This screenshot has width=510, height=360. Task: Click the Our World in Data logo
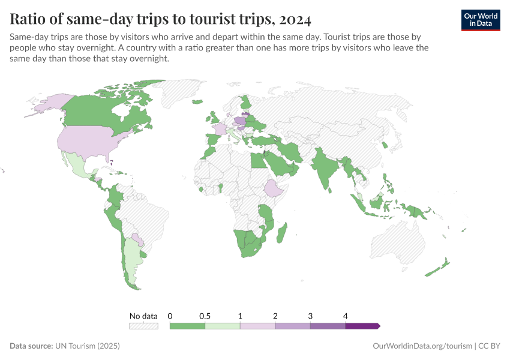point(480,19)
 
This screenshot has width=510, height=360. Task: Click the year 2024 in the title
point(295,19)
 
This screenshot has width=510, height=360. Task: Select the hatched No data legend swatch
point(143,326)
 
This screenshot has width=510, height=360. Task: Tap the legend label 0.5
point(205,316)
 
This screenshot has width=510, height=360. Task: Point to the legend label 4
point(346,316)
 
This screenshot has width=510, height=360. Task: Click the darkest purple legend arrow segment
point(362,326)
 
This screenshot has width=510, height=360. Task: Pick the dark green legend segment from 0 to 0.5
point(187,326)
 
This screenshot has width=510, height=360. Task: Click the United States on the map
point(96,141)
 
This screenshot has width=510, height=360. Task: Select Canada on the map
point(102,108)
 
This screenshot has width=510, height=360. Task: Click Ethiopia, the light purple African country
point(274,189)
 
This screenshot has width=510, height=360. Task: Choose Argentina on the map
point(133,258)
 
